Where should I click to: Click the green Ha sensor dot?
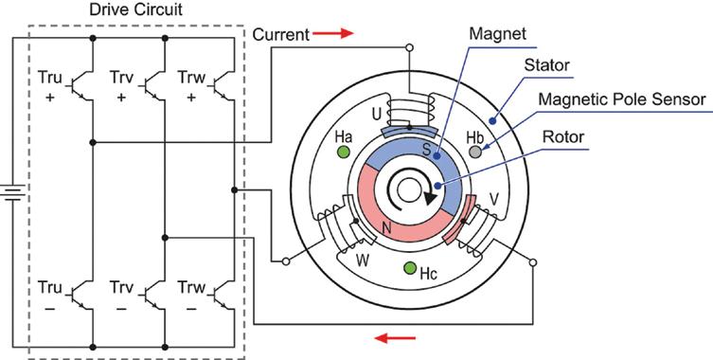[x=344, y=152]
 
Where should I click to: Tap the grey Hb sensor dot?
[x=476, y=152]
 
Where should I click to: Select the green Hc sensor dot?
[x=410, y=268]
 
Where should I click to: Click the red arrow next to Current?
[x=333, y=33]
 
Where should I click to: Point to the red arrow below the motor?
[x=395, y=338]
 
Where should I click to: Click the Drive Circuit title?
[x=136, y=10]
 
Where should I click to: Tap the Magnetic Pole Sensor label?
[x=622, y=99]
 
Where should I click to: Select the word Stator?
[x=546, y=65]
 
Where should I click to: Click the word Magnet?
[x=497, y=33]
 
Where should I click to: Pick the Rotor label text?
[x=563, y=136]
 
